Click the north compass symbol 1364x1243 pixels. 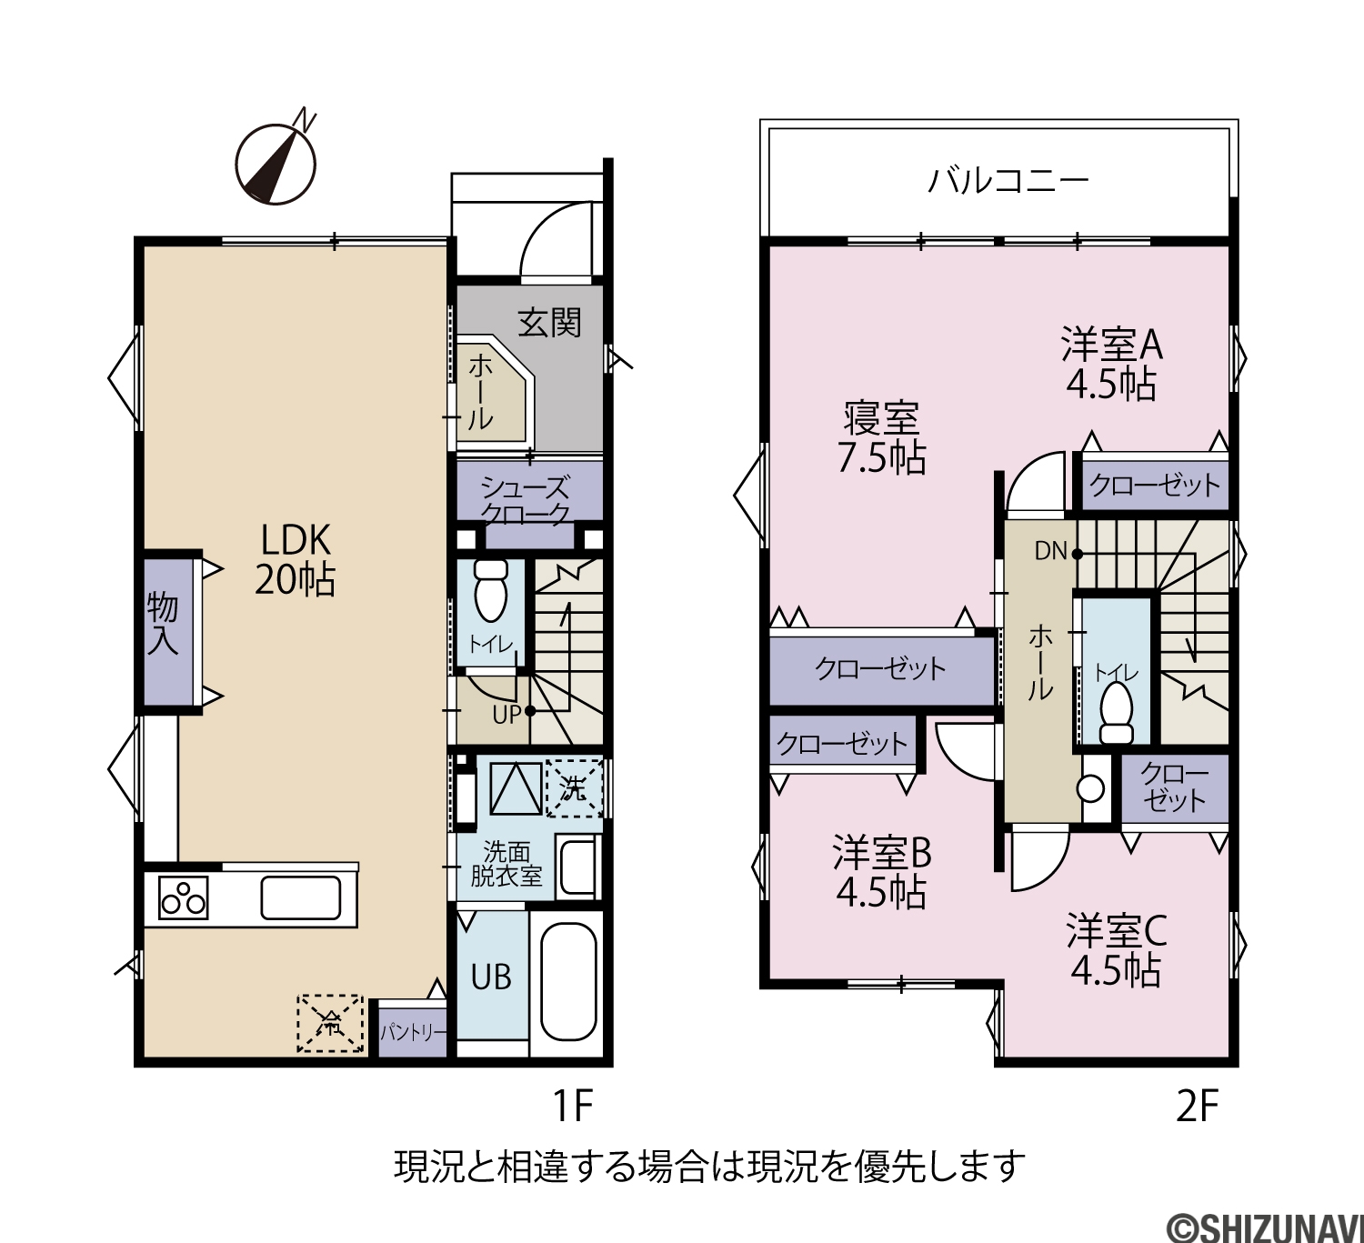click(276, 163)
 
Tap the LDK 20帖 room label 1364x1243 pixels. click(296, 559)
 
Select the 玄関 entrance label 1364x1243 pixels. click(549, 323)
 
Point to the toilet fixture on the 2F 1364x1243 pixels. click(1116, 712)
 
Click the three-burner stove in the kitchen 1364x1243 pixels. click(183, 897)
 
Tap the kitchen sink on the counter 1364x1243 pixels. click(301, 897)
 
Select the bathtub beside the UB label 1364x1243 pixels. click(568, 981)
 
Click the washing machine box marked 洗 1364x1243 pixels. click(575, 788)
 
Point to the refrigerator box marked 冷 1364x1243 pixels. click(330, 1023)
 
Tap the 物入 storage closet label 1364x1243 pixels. click(163, 624)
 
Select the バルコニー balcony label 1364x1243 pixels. click(1008, 181)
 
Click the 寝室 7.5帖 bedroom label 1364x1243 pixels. click(881, 437)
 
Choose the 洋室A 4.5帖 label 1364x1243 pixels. click(1112, 364)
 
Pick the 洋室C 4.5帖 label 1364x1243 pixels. click(1116, 950)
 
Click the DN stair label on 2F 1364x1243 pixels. click(1050, 551)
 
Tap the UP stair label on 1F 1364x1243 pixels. click(506, 715)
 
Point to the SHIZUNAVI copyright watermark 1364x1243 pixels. click(1266, 1226)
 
